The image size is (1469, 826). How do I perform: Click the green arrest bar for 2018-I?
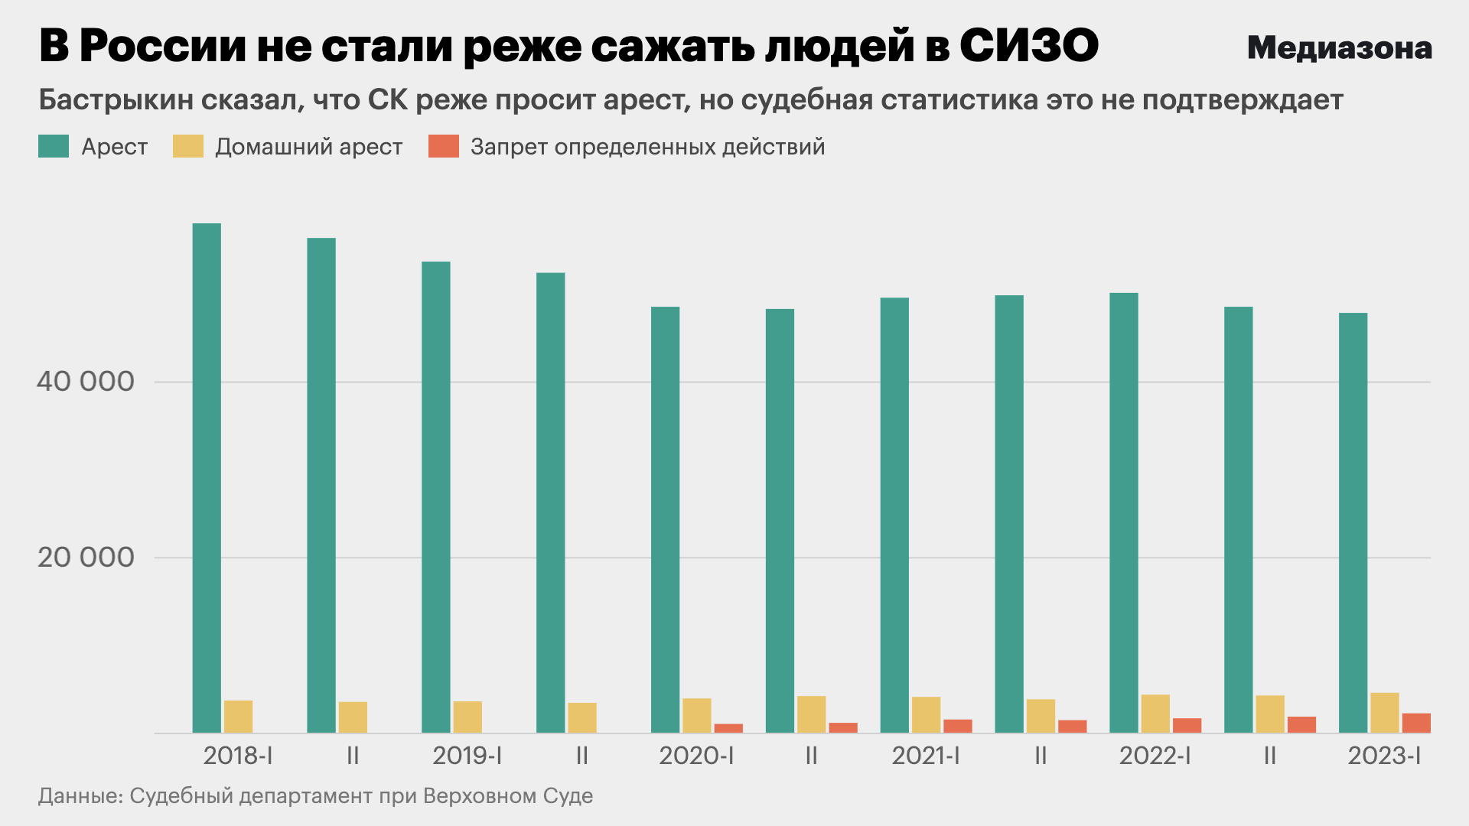[x=207, y=478]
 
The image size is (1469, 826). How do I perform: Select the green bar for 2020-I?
[x=665, y=520]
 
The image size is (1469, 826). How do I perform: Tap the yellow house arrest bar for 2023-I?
[x=1385, y=713]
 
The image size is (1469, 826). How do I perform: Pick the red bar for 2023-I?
[x=1416, y=724]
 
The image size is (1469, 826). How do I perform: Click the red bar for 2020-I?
[x=728, y=728]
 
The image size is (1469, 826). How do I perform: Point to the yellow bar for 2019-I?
[x=467, y=717]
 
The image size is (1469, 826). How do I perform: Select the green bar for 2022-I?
[x=1124, y=512]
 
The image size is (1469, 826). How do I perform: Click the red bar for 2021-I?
[x=958, y=727]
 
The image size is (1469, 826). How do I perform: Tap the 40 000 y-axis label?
[x=86, y=381]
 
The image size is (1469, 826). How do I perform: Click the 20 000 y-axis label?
[x=86, y=557]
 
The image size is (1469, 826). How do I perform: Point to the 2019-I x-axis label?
[x=467, y=756]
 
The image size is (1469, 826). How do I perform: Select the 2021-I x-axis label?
[x=926, y=756]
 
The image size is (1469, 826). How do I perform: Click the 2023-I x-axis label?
[x=1384, y=756]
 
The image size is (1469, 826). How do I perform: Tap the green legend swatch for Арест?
[x=54, y=146]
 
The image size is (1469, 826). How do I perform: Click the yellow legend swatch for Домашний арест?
[x=188, y=146]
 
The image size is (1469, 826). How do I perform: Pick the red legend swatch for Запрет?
[x=444, y=146]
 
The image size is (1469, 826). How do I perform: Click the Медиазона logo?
[x=1340, y=47]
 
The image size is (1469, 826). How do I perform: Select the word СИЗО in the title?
[x=1029, y=46]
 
